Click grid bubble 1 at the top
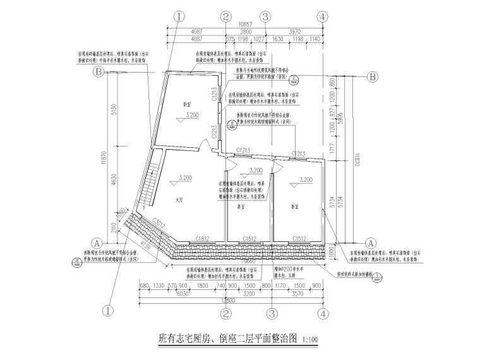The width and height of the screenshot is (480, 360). point(181,16)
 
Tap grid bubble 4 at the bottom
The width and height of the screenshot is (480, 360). point(323,312)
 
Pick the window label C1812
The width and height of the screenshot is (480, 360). point(203,238)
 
